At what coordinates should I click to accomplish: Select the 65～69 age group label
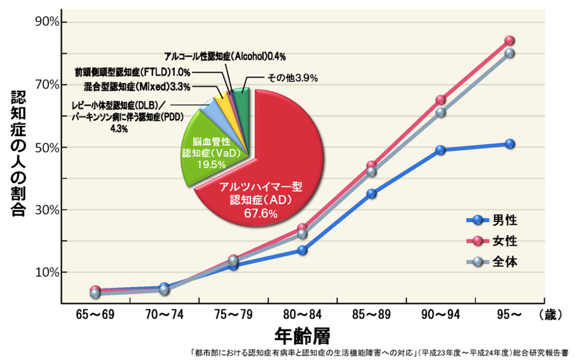tap(95, 314)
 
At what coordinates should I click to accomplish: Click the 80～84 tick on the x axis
tap(302, 314)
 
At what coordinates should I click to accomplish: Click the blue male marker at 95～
tap(509, 144)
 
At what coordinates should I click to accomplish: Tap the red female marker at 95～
tap(509, 41)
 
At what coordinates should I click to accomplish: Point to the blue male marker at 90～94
tap(440, 150)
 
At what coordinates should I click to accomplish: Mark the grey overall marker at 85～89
tap(371, 171)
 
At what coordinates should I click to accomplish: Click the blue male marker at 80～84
tap(302, 250)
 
